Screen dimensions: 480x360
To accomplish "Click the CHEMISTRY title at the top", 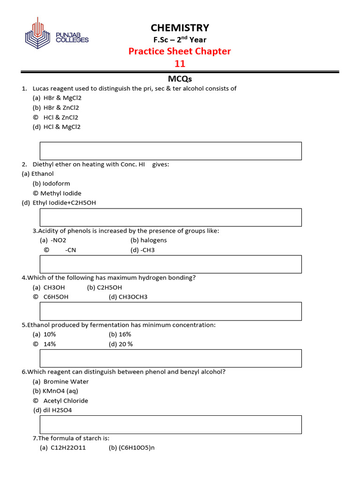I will click(x=180, y=28).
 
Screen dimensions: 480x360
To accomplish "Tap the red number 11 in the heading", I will click(x=180, y=63).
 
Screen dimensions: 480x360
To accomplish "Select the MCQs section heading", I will click(x=180, y=79).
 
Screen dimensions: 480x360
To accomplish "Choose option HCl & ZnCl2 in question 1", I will click(x=60, y=117).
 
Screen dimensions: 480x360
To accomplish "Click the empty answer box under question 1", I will click(x=171, y=151).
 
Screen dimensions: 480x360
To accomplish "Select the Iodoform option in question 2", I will click(x=56, y=183).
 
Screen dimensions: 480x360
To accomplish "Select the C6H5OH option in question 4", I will click(x=56, y=297).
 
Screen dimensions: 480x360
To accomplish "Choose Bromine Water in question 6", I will click(x=66, y=381).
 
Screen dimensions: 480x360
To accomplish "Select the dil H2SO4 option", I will click(x=58, y=410).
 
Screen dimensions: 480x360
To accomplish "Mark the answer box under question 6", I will click(x=171, y=424).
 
